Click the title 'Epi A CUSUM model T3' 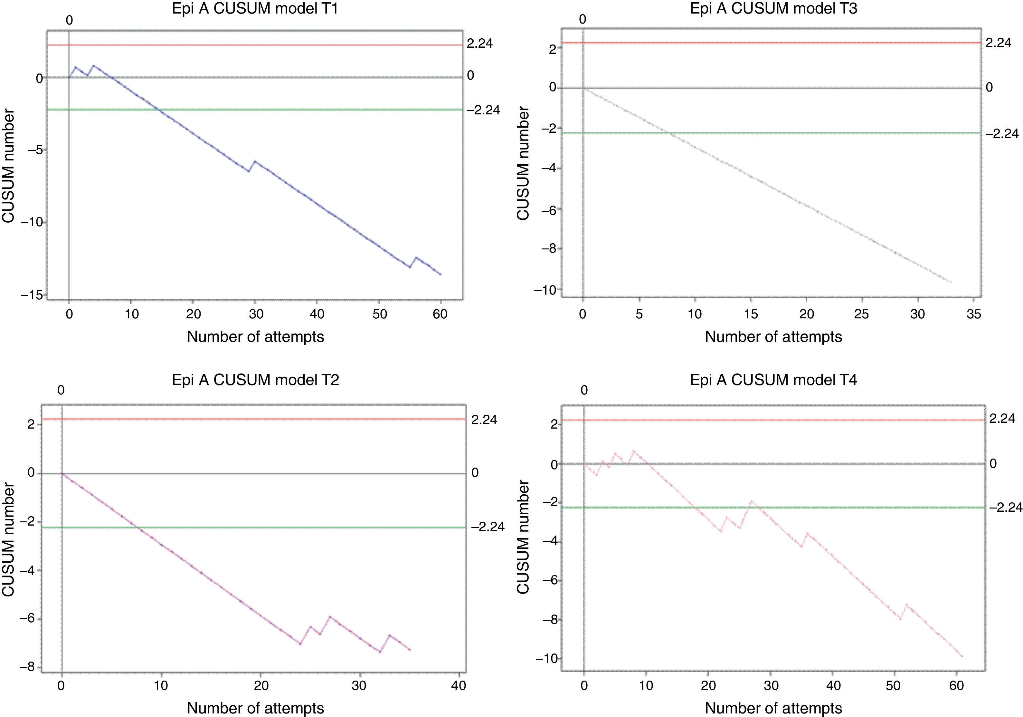tap(773, 9)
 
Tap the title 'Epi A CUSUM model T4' tap(773, 380)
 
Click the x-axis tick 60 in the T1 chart tap(440, 314)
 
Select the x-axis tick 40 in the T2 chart tap(459, 685)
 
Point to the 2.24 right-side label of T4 tap(1002, 418)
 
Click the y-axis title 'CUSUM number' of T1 tap(9, 166)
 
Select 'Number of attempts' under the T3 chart tap(773, 337)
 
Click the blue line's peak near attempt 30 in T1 tap(255, 161)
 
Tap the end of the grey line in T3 tap(951, 282)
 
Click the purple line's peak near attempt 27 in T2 tap(330, 617)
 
